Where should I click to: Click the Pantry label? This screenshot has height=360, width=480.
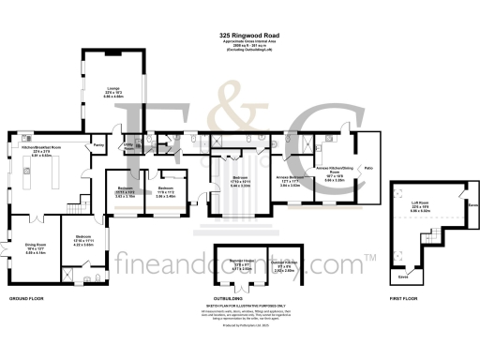(x=97, y=145)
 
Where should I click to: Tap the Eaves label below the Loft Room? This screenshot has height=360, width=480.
(x=402, y=278)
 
